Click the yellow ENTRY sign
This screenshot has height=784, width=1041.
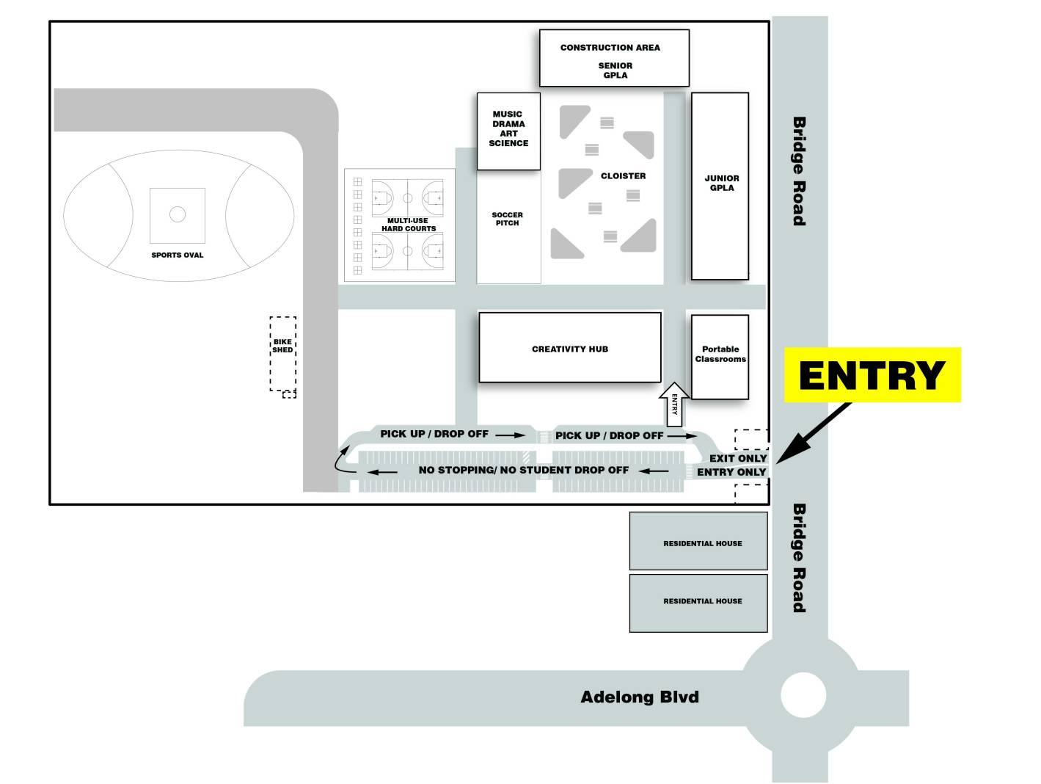(872, 374)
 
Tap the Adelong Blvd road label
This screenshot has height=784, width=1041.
(639, 697)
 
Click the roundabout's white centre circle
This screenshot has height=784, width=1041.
(803, 695)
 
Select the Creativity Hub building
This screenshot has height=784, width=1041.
(570, 349)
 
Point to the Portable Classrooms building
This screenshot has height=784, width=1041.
(720, 356)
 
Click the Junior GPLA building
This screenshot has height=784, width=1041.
(720, 186)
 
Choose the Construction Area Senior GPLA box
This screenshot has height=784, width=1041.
(614, 58)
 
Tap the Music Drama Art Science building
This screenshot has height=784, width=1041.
(508, 131)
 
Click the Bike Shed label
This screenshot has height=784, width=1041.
(282, 346)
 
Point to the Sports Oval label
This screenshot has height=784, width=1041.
(178, 255)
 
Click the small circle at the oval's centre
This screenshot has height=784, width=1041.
(178, 214)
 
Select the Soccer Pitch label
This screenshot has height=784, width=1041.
(507, 219)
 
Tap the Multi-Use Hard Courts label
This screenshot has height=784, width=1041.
(409, 225)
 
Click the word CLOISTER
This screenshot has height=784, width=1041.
(623, 176)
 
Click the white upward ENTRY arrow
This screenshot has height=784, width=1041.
(674, 404)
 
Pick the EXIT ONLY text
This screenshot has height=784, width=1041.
(737, 458)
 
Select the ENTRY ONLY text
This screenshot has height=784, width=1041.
(731, 472)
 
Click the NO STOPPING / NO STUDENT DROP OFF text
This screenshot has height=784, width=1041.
(523, 470)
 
